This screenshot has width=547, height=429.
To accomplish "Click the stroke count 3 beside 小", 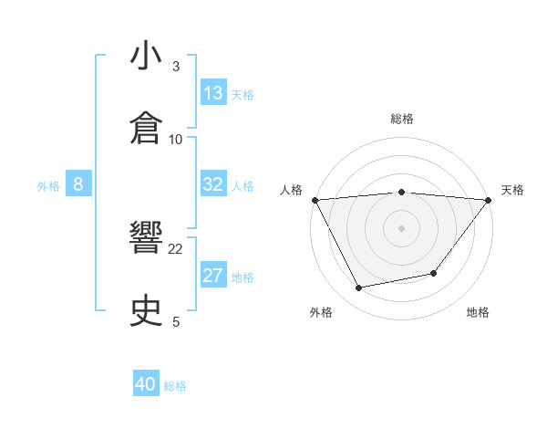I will pyautogui.click(x=176, y=66).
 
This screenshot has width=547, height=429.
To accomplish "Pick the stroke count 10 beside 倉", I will pyautogui.click(x=176, y=139).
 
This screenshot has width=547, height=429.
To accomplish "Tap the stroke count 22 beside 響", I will pyautogui.click(x=176, y=248).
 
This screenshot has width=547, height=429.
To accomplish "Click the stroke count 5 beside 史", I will pyautogui.click(x=176, y=321).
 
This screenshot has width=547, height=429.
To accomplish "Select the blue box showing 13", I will pyautogui.click(x=213, y=93).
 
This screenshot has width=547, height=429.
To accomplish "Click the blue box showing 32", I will pyautogui.click(x=213, y=184).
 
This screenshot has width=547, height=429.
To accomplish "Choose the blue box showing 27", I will pyautogui.click(x=213, y=276).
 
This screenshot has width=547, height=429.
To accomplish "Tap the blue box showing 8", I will pyautogui.click(x=78, y=184).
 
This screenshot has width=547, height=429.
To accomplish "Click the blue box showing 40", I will pyautogui.click(x=146, y=384).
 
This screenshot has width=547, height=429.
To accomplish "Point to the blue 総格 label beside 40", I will pyautogui.click(x=175, y=386).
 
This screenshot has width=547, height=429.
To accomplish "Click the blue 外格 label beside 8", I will pyautogui.click(x=48, y=186).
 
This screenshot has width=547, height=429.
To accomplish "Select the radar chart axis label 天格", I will pyautogui.click(x=512, y=190).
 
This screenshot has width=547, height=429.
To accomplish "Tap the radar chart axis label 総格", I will pyautogui.click(x=402, y=119).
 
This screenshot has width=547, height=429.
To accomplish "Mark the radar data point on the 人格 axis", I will pyautogui.click(x=315, y=199).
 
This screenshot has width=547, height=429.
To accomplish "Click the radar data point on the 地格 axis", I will pyautogui.click(x=434, y=273).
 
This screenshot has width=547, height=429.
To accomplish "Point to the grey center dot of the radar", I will pyautogui.click(x=402, y=227).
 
